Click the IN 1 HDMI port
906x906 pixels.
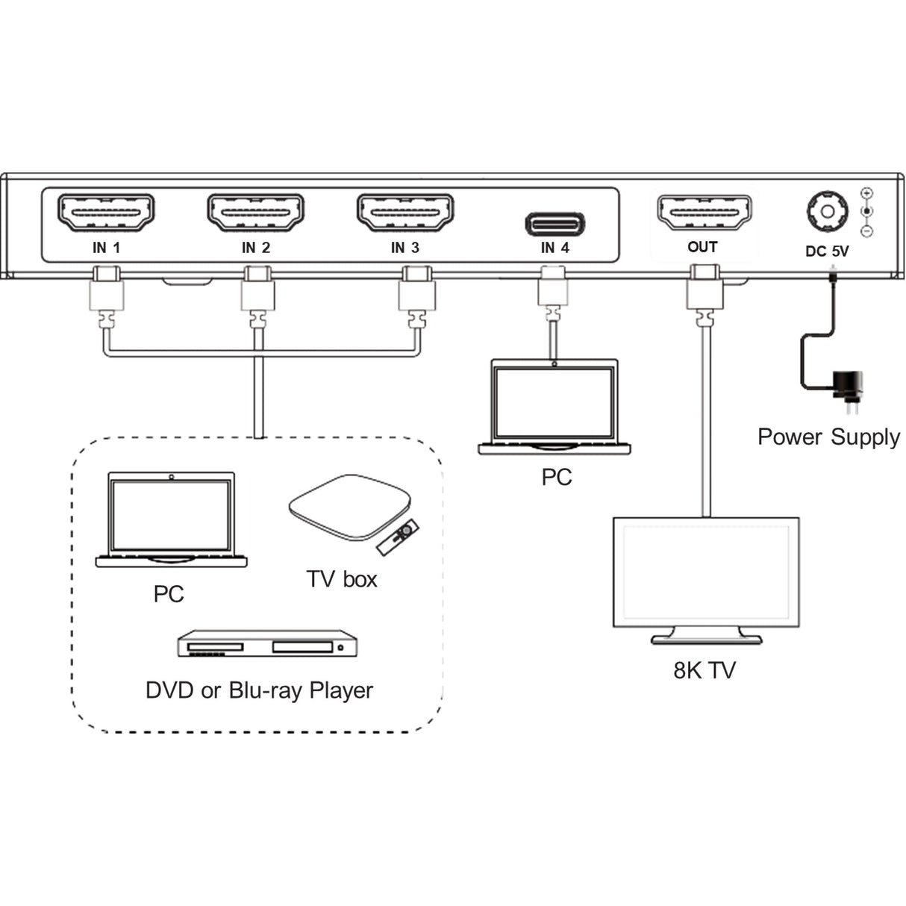[106, 213]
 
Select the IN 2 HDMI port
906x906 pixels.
[255, 213]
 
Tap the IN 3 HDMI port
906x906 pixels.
[405, 213]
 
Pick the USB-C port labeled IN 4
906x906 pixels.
[555, 224]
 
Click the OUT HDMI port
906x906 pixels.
[703, 213]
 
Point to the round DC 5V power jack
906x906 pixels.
[827, 211]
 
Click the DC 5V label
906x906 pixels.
[827, 252]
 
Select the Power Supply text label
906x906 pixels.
[828, 437]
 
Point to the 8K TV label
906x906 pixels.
[704, 670]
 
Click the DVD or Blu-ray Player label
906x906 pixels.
[259, 690]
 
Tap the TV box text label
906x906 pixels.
[342, 579]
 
